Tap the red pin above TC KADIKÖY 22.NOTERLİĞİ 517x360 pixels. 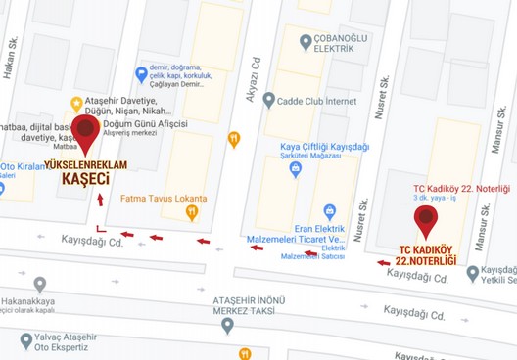click(x=426, y=220)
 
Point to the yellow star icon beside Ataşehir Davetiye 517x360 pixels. click(x=76, y=103)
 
